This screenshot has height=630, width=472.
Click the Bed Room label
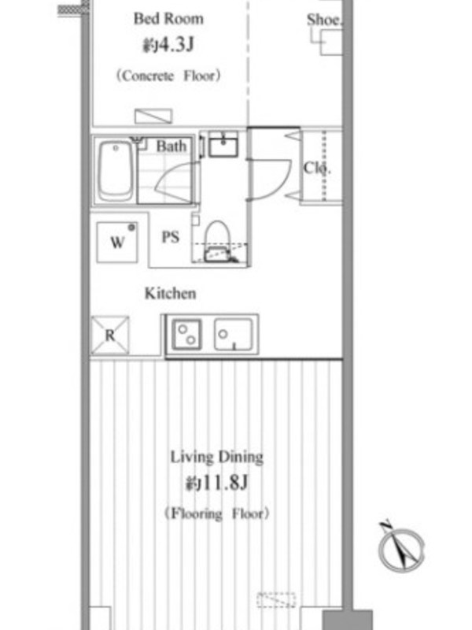[168, 19]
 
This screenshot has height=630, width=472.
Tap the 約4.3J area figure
[168, 46]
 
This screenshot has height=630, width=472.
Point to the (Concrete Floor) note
[168, 76]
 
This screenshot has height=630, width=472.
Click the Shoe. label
[324, 20]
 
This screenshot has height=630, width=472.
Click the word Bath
[171, 146]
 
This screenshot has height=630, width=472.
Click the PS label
[170, 237]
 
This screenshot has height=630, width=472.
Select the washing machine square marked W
[117, 243]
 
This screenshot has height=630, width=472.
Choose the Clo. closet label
[317, 168]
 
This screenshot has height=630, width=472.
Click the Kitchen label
[171, 293]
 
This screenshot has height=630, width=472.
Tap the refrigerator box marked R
[110, 335]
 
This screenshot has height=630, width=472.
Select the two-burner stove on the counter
[186, 335]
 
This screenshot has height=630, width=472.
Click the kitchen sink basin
[234, 335]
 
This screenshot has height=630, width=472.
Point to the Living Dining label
[217, 458]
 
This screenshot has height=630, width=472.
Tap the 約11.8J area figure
[217, 484]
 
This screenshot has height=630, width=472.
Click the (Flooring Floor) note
[217, 514]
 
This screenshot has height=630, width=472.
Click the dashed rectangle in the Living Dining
[276, 600]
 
